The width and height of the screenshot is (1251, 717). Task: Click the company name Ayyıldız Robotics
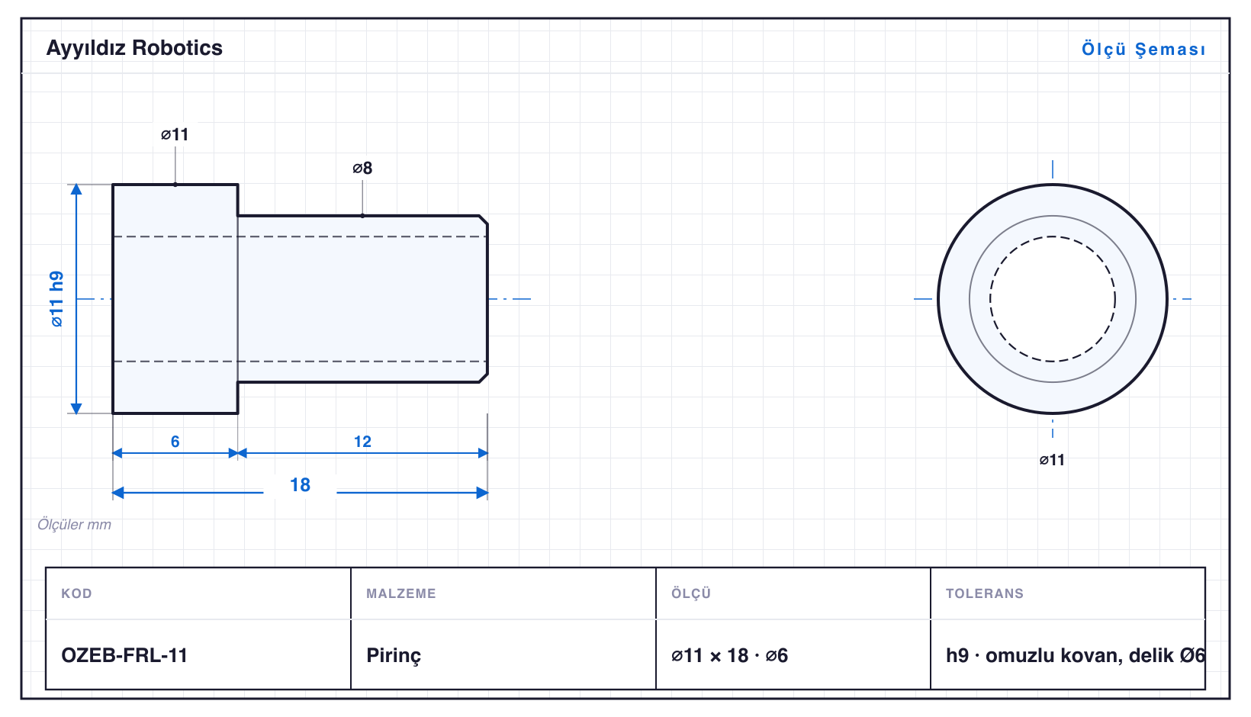[134, 48]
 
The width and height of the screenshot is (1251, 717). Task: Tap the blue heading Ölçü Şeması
[1143, 49]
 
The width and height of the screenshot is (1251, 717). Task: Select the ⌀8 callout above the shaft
[362, 168]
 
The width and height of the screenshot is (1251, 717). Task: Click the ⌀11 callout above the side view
[175, 134]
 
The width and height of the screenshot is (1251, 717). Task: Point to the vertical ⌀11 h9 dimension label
[56, 299]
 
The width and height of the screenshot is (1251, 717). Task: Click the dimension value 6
[175, 442]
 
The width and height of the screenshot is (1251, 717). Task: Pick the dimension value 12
[362, 442]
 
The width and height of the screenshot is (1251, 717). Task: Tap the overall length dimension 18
[300, 484]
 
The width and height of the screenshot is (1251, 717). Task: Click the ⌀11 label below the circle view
[1052, 460]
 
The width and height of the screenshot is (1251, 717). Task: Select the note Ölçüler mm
[74, 524]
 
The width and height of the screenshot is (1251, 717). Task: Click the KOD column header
[76, 593]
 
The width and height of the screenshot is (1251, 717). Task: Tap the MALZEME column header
[401, 593]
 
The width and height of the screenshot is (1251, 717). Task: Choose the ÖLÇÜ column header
[691, 593]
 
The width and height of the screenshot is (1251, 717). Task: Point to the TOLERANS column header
[985, 593]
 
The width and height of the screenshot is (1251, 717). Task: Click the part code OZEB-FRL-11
[124, 655]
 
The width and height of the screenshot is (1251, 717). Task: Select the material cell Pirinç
[394, 655]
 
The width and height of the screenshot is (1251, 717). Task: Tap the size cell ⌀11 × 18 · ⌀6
[729, 655]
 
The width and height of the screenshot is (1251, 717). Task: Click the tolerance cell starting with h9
[1075, 655]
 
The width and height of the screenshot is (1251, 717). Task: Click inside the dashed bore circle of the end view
[1052, 299]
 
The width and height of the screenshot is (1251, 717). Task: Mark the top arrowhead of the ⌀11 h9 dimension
[76, 188]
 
